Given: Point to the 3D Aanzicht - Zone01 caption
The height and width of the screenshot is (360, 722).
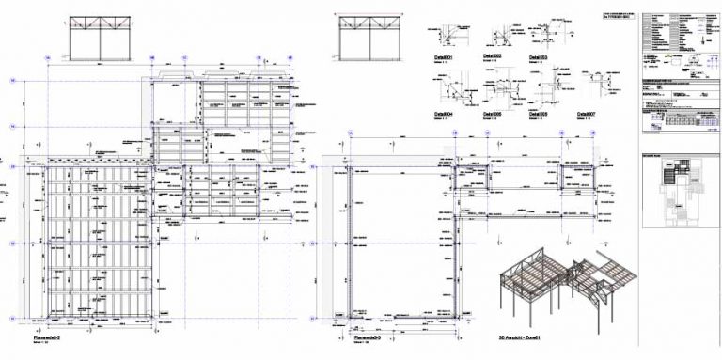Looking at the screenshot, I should pyautogui.click(x=523, y=335).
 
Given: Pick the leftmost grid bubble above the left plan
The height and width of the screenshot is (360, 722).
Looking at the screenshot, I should pyautogui.click(x=46, y=58).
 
